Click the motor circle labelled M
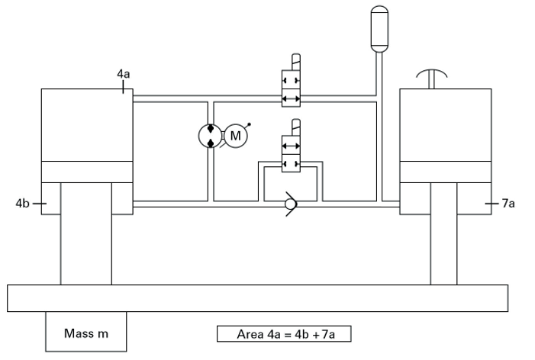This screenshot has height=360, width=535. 235,136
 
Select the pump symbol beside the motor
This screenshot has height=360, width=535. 209,136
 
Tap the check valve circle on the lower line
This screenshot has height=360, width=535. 289,204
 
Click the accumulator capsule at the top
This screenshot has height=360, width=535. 379,29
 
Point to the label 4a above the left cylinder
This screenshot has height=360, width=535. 123,74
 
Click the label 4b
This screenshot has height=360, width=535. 22,204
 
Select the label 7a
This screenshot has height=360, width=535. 508,204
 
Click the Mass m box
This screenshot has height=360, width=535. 85,333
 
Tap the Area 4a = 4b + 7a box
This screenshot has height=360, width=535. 283,333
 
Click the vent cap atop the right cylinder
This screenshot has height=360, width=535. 433,78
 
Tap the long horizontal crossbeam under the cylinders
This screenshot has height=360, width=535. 257,297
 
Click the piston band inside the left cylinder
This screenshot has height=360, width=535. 87,172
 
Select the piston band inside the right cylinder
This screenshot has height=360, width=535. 446,172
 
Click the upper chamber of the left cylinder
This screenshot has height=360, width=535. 87,124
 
